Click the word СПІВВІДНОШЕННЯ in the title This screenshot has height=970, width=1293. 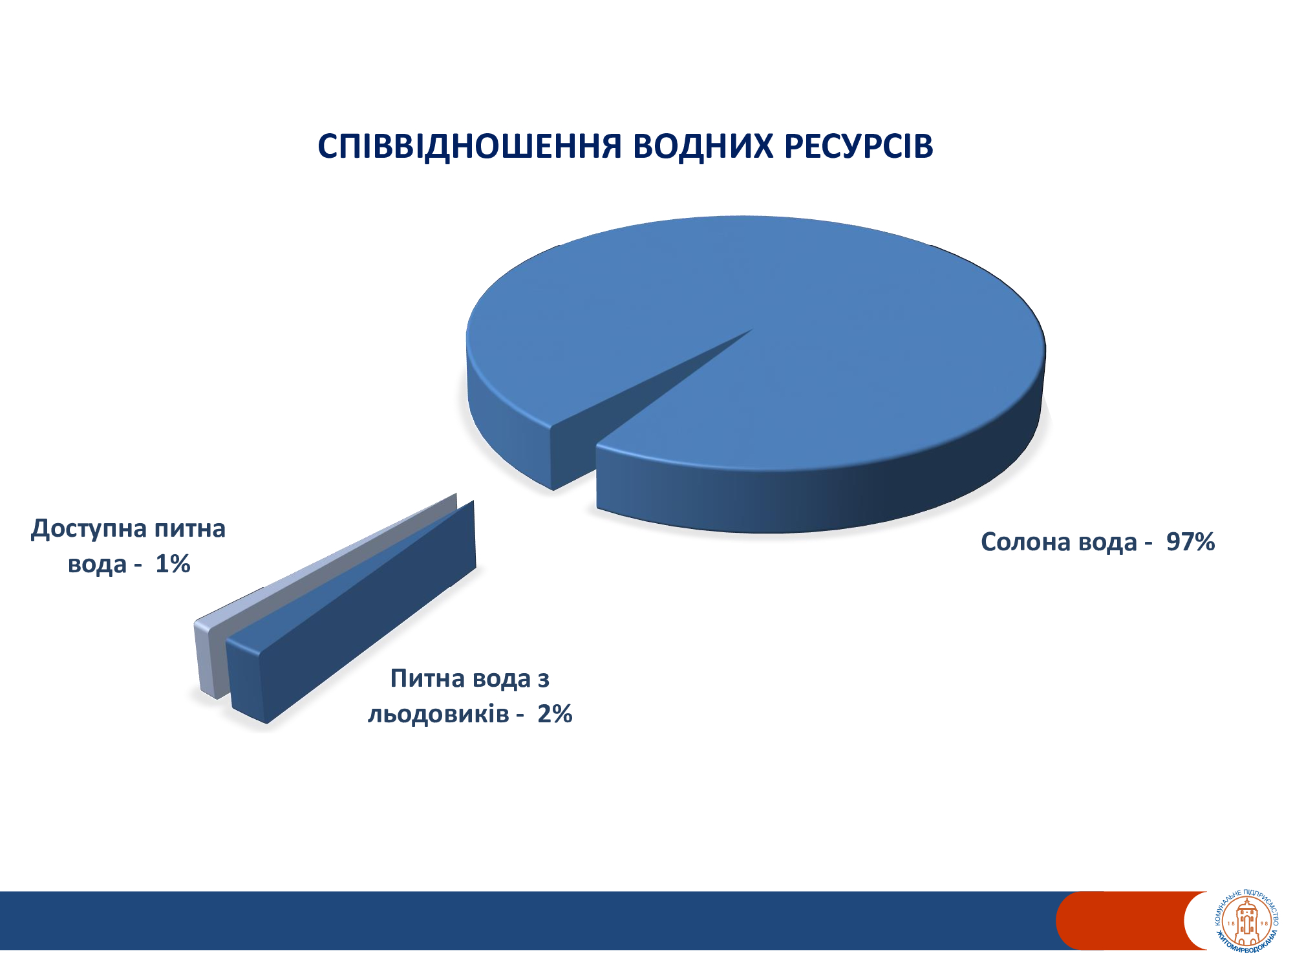(x=469, y=146)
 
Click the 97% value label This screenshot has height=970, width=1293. (x=1190, y=542)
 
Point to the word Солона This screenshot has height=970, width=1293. (x=1024, y=542)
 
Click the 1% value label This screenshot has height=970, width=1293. (x=173, y=564)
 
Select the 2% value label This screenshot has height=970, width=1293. (x=555, y=714)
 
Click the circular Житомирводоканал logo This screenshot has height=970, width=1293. (x=1247, y=921)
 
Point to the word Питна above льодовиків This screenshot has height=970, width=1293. (x=427, y=679)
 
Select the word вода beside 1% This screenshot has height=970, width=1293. (x=97, y=565)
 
